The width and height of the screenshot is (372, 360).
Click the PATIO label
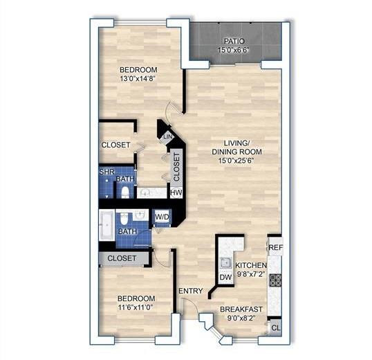pyautogui.click(x=234, y=42)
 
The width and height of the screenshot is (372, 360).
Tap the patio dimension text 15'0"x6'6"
pyautogui.click(x=234, y=51)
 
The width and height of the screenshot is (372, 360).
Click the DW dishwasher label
pyautogui.click(x=225, y=278)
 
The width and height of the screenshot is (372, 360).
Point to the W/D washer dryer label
pyautogui.click(x=162, y=217)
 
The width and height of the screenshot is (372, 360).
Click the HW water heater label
pyautogui.click(x=176, y=192)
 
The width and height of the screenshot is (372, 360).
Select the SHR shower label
pyautogui.click(x=106, y=171)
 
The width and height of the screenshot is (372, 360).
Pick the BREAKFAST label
pyautogui.click(x=241, y=309)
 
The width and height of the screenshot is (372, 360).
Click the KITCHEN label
pyautogui.click(x=251, y=265)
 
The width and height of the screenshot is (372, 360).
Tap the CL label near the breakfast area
pyautogui.click(x=275, y=328)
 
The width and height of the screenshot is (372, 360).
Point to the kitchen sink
pyautogui.click(x=225, y=262)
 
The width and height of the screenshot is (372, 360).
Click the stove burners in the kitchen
pyautogui.click(x=275, y=280)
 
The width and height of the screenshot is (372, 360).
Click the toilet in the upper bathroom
pyautogui.click(x=125, y=192)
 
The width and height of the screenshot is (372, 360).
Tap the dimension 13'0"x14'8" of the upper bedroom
pyautogui.click(x=138, y=79)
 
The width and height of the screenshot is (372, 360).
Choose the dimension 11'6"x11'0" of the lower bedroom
pyautogui.click(x=134, y=307)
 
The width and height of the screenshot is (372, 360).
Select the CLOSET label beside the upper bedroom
pyautogui.click(x=116, y=145)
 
